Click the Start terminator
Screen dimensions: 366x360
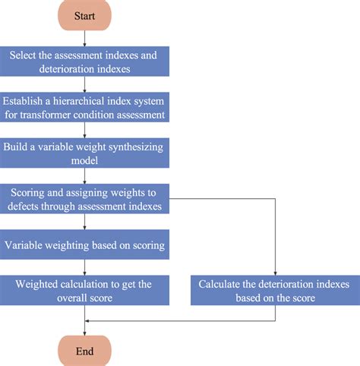[x=85, y=15]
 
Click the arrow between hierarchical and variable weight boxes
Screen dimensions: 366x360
[x=85, y=130]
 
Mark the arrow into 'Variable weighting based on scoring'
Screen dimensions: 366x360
[x=85, y=222]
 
